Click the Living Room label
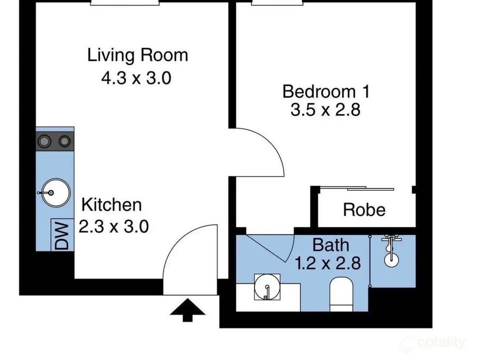[x=138, y=56]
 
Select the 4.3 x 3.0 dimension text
[x=136, y=78]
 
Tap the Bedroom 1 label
[x=326, y=92]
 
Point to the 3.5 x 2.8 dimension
[x=325, y=110]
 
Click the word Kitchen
[x=112, y=205]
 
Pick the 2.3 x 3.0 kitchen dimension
[x=114, y=226]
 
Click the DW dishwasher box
[x=62, y=235]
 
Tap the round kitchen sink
[x=56, y=193]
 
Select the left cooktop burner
[x=44, y=141]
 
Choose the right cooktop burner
[x=64, y=141]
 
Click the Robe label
[x=364, y=210]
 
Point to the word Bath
[x=331, y=245]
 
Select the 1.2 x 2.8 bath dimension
[x=328, y=263]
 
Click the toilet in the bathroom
[x=341, y=294]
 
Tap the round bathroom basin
[x=267, y=287]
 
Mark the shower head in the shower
[x=392, y=260]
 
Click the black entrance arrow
[x=188, y=310]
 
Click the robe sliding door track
[x=356, y=188]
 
